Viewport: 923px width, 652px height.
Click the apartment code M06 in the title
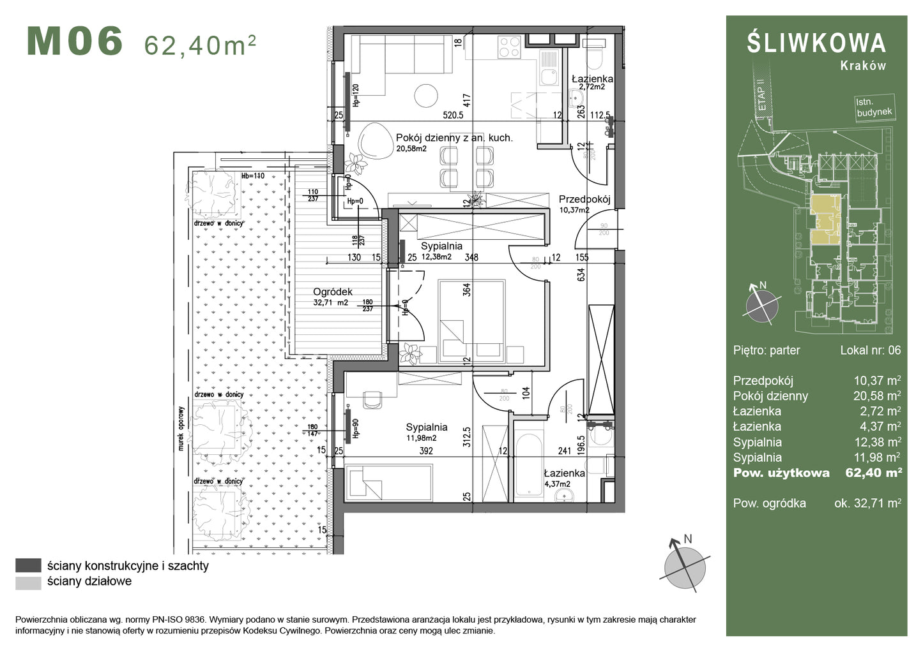tap(75, 41)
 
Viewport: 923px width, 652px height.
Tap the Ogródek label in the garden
tap(333, 292)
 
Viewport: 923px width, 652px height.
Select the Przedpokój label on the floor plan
tap(584, 199)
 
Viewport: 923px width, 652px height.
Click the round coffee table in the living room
tap(426, 96)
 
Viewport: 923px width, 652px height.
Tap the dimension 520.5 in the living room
tap(453, 115)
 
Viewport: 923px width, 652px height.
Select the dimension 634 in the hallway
tap(581, 274)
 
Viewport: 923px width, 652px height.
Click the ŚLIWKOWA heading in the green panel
tap(816, 43)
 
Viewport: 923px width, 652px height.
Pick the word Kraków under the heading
tap(863, 66)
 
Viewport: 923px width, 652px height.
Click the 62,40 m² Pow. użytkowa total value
tap(873, 473)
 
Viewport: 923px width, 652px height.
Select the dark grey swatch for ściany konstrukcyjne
tap(28, 565)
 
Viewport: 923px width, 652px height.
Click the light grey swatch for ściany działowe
tap(28, 582)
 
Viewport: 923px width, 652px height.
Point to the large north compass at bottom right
tap(685, 565)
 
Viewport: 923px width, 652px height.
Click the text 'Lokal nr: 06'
tap(870, 350)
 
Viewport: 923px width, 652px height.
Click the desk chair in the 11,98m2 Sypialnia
tap(372, 399)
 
